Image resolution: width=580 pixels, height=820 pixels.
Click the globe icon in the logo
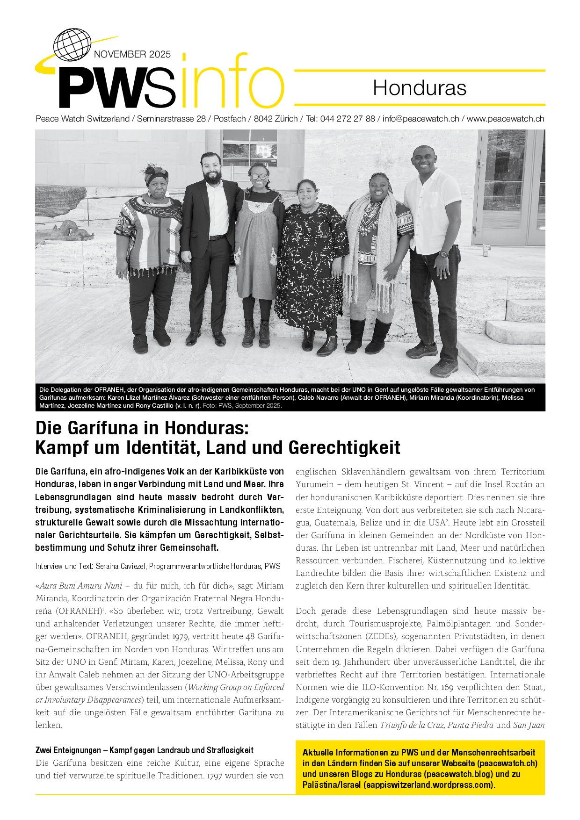pos(72,45)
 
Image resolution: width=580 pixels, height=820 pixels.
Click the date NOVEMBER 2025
pos(132,54)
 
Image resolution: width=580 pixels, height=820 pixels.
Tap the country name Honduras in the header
pos(420,88)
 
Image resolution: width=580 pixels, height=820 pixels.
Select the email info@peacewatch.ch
pos(420,119)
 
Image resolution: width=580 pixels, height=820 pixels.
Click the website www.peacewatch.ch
pos(505,119)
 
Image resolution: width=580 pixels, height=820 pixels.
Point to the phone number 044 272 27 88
pos(348,119)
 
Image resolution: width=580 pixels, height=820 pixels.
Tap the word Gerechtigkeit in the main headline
pos(344,447)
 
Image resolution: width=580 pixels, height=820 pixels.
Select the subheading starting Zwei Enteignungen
pos(145,750)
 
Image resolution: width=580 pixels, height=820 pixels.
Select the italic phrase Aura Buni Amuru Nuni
pos(81,586)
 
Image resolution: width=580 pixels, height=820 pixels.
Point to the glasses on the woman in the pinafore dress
pos(259,177)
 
